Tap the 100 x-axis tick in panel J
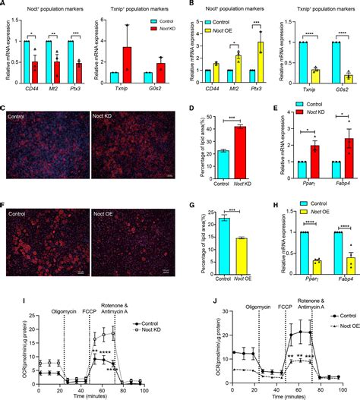[x=343, y=386]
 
